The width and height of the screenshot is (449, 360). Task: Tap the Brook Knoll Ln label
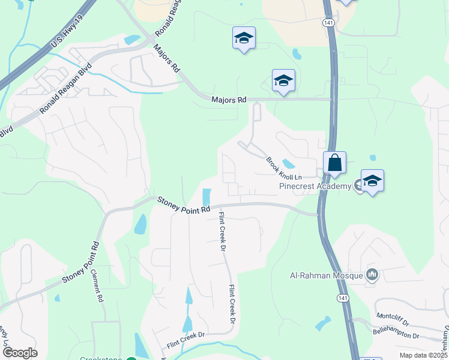click(283, 167)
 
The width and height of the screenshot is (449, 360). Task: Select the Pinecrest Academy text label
click(315, 187)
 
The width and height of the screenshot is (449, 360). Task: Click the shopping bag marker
click(335, 162)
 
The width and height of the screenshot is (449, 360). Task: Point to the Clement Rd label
click(98, 284)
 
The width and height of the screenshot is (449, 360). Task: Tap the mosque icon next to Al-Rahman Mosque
click(372, 275)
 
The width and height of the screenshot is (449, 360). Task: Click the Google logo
click(20, 352)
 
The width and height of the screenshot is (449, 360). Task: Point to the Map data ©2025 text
click(423, 355)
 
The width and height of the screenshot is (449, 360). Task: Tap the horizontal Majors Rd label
click(229, 100)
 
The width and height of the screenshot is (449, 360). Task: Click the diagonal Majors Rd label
click(167, 58)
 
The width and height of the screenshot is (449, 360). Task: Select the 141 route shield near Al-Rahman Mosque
click(343, 298)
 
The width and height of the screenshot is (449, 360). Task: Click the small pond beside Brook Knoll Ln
click(289, 163)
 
